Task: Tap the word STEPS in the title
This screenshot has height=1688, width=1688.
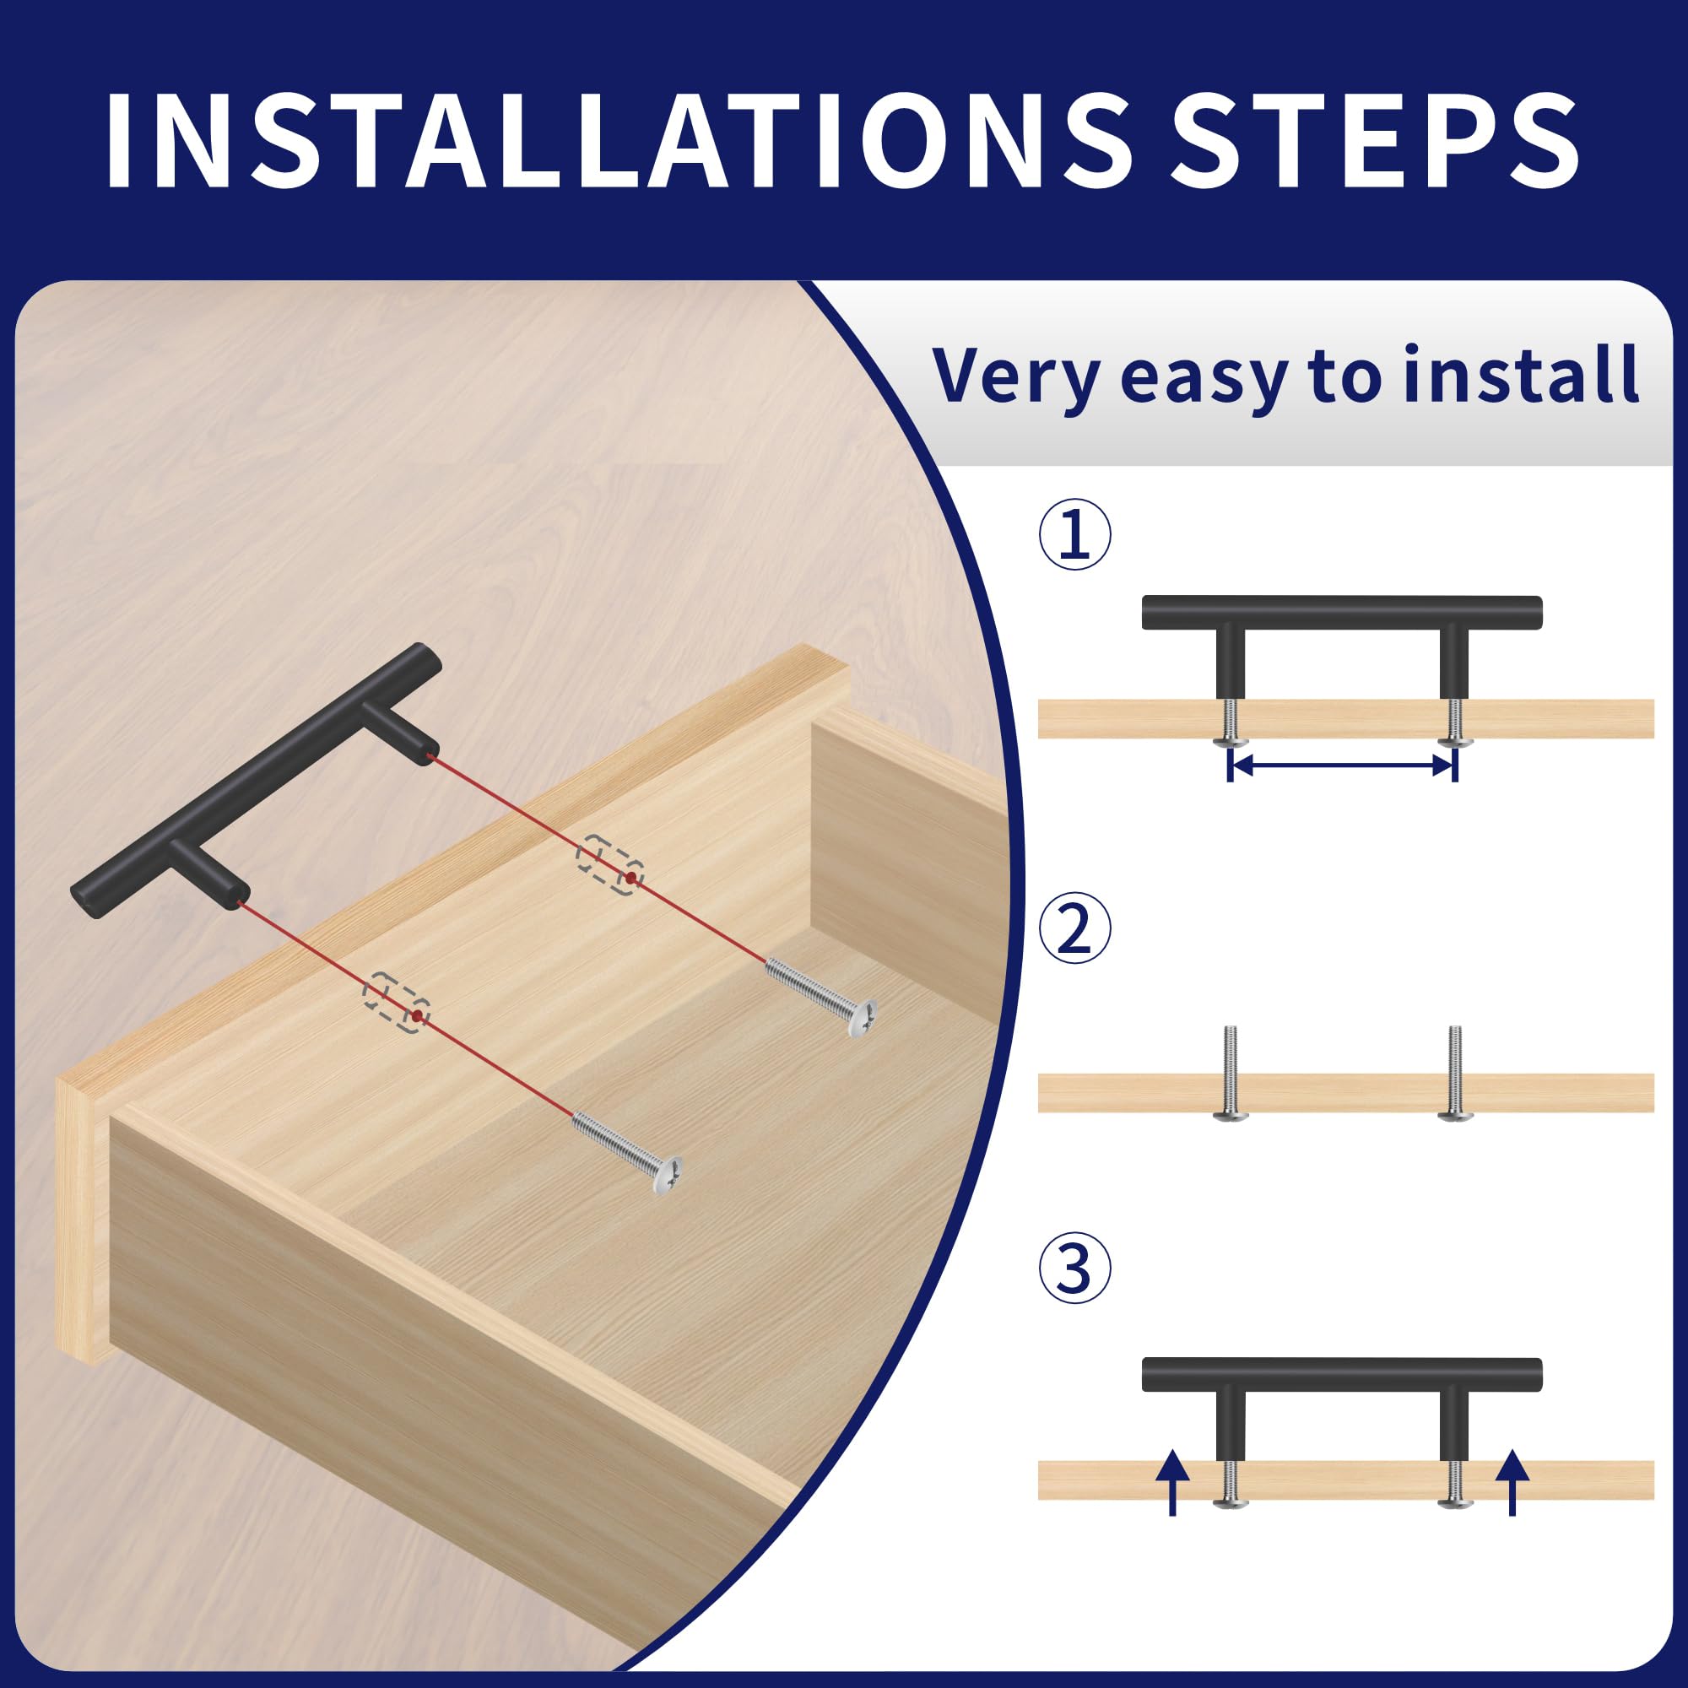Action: (1374, 139)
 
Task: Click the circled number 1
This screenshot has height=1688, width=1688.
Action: (1074, 536)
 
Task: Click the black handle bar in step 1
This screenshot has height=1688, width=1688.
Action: (1342, 613)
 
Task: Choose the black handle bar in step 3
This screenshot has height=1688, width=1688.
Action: (1342, 1374)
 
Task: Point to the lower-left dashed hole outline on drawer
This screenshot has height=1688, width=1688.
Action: (397, 1001)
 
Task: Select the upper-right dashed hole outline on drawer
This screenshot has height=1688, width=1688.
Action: (610, 864)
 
